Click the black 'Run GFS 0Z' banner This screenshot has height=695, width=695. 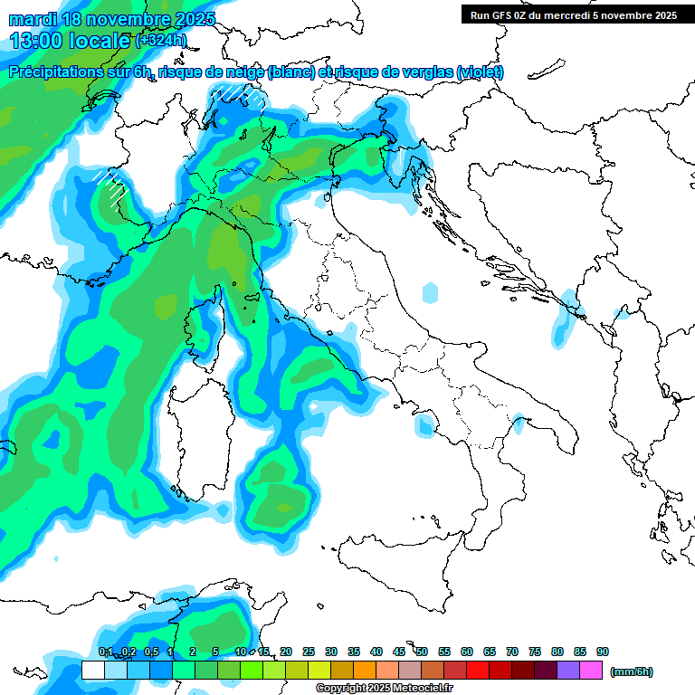(x=574, y=14)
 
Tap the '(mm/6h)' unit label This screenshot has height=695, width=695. (x=631, y=671)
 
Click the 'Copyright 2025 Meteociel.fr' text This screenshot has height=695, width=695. (x=384, y=689)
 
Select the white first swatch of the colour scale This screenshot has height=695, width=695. (x=93, y=670)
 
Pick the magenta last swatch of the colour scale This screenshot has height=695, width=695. (x=591, y=670)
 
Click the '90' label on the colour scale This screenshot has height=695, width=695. (x=603, y=652)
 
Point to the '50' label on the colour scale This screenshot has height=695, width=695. (x=422, y=652)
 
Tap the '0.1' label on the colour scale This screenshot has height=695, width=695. (x=105, y=652)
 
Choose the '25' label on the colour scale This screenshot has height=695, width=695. (x=309, y=652)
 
